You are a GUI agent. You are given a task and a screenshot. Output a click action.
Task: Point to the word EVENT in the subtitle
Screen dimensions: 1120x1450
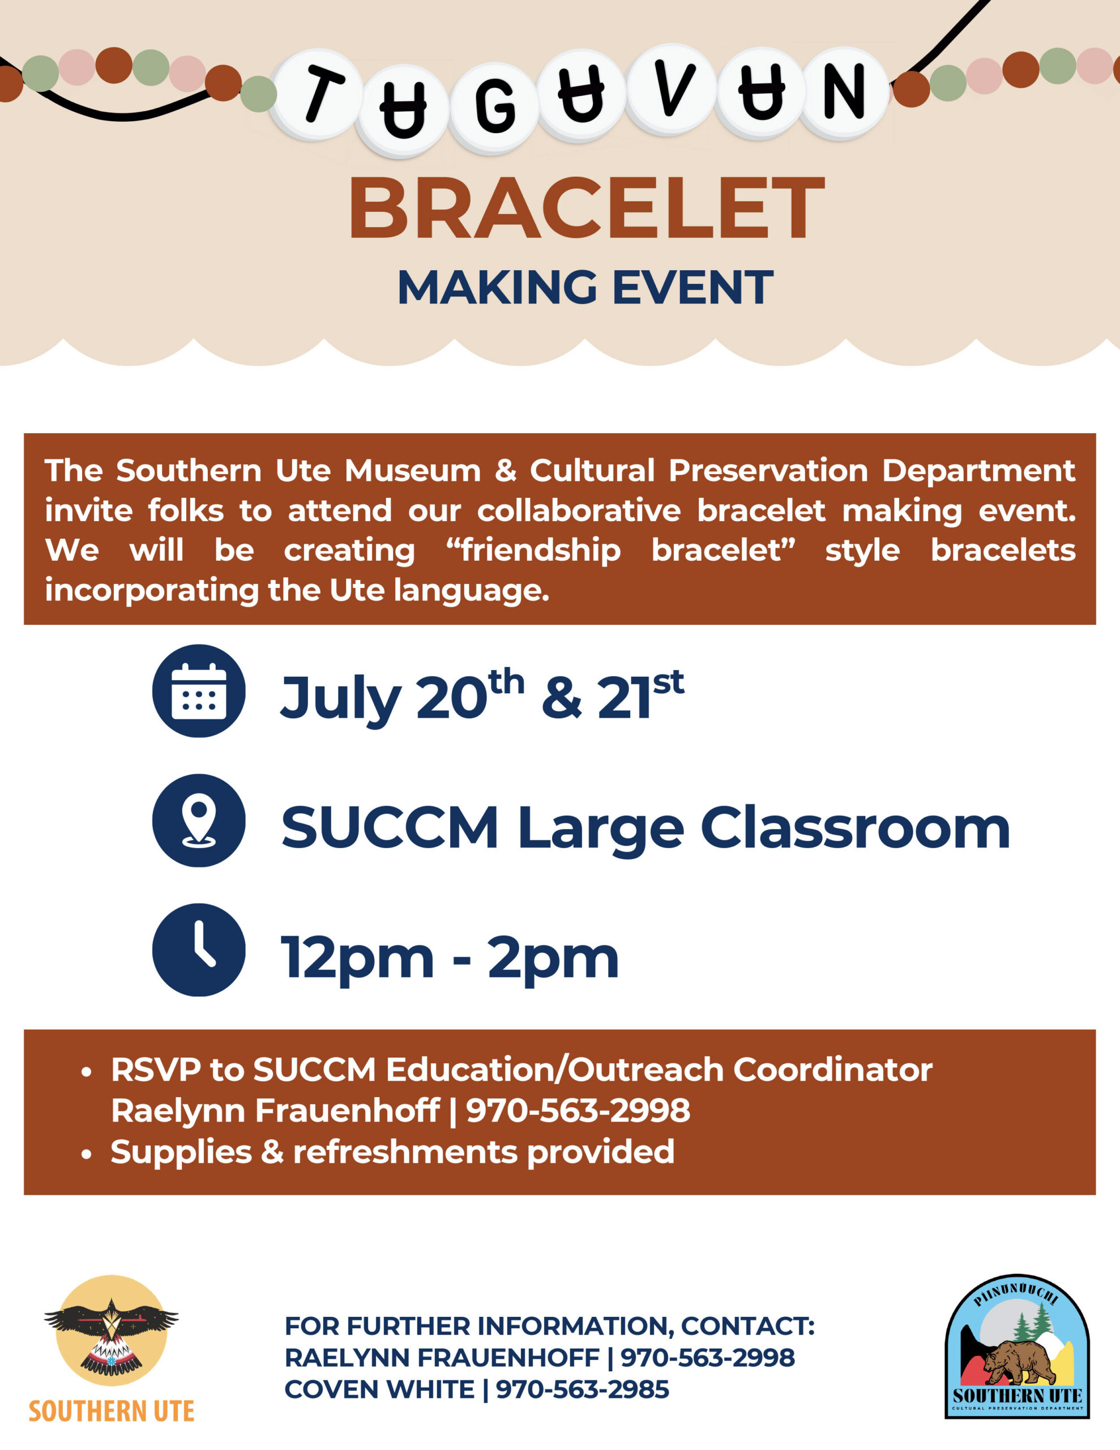click(x=692, y=288)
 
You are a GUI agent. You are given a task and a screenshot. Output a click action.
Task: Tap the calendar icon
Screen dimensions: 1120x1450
click(x=199, y=690)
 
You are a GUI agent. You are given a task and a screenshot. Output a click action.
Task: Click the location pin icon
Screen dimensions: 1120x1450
click(x=199, y=820)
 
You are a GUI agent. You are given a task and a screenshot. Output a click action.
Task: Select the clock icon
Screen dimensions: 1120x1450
click(x=199, y=949)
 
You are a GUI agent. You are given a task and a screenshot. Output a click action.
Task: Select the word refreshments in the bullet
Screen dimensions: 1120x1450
click(x=405, y=1152)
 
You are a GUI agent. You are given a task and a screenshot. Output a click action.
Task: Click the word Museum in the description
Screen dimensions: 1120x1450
click(x=412, y=471)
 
